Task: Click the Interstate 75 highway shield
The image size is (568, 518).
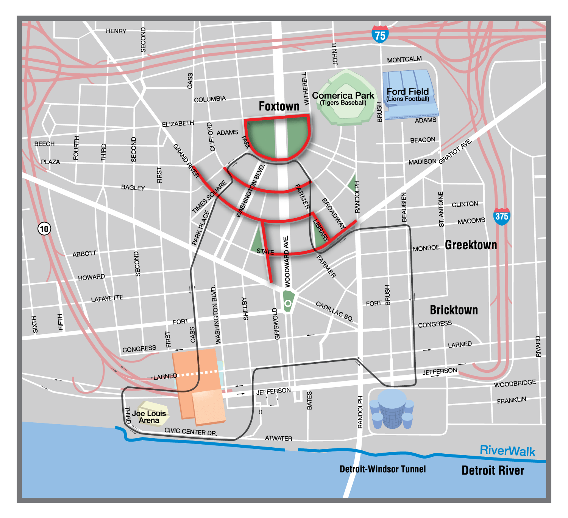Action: (380, 35)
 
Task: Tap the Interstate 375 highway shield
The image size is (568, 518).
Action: (502, 216)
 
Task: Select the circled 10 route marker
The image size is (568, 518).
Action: (44, 229)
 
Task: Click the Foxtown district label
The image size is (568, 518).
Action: (279, 106)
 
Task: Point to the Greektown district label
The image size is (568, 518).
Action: (471, 245)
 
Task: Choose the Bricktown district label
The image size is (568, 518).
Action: (454, 310)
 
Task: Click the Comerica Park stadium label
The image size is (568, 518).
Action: (343, 96)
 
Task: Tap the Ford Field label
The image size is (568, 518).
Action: (408, 92)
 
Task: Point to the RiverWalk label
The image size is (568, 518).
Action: (507, 451)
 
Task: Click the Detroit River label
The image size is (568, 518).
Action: (493, 470)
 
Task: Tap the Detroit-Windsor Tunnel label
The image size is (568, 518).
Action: (382, 469)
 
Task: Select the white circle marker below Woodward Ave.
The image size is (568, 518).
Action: (288, 303)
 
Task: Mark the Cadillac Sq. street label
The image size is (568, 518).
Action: (334, 312)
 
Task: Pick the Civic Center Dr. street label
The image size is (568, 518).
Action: (191, 431)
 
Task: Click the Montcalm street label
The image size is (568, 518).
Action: (404, 59)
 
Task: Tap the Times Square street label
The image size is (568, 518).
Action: (209, 197)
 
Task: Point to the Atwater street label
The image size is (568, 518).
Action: (278, 438)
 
